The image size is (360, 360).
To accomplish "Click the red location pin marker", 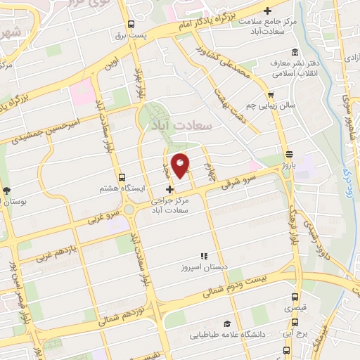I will coord(181,166).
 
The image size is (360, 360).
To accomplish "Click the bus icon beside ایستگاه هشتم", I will coord(122,177).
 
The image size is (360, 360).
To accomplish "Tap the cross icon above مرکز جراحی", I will coord(169,189).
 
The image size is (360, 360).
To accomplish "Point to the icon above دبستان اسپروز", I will coord(205,256).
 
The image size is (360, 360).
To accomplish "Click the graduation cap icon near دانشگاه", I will coord(227,323).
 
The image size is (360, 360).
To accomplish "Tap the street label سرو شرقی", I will coord(240,183).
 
